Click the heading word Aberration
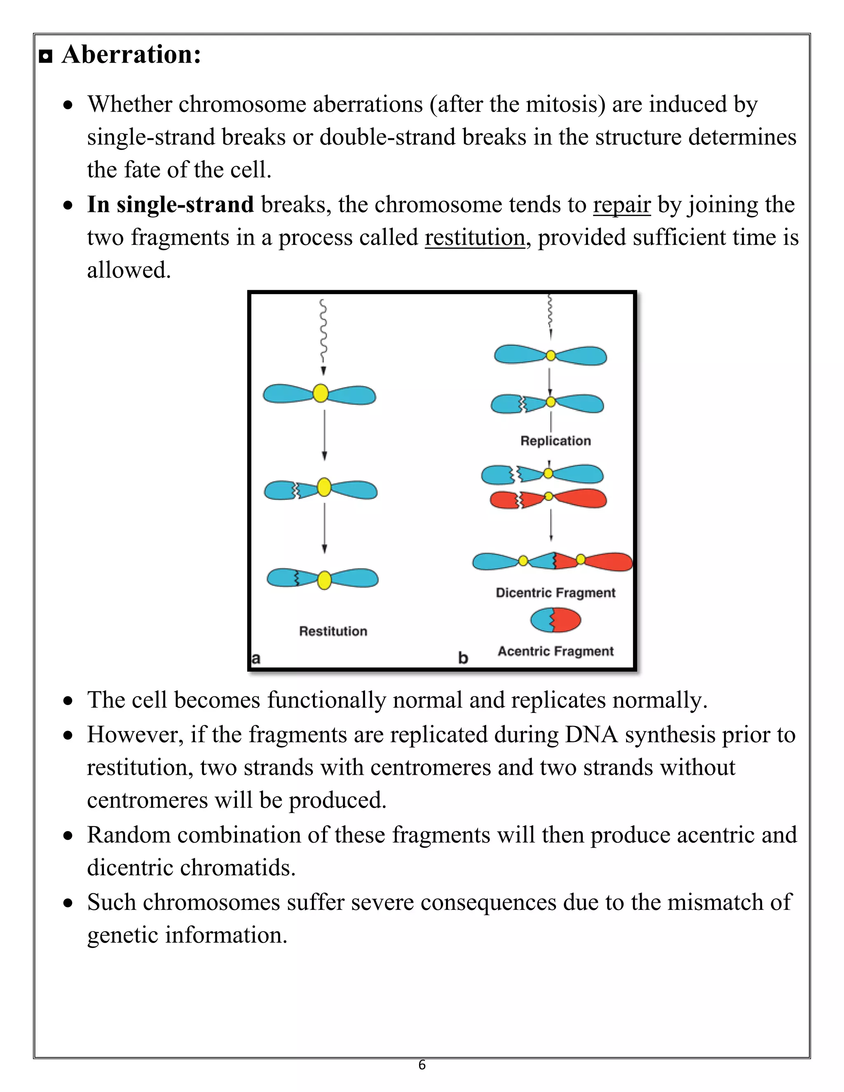(x=131, y=54)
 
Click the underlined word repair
(x=621, y=205)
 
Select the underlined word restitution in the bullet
(x=474, y=237)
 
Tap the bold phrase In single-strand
(x=170, y=205)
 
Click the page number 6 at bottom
(x=422, y=1065)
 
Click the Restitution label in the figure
(x=333, y=631)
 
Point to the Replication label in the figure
(x=556, y=441)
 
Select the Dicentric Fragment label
(x=556, y=593)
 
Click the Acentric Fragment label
(x=556, y=651)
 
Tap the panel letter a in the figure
(x=256, y=658)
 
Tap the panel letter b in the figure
(x=463, y=658)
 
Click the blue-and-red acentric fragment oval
(x=556, y=621)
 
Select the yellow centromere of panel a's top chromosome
(x=321, y=394)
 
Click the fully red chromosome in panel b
(x=548, y=499)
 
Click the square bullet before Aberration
(x=45, y=56)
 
